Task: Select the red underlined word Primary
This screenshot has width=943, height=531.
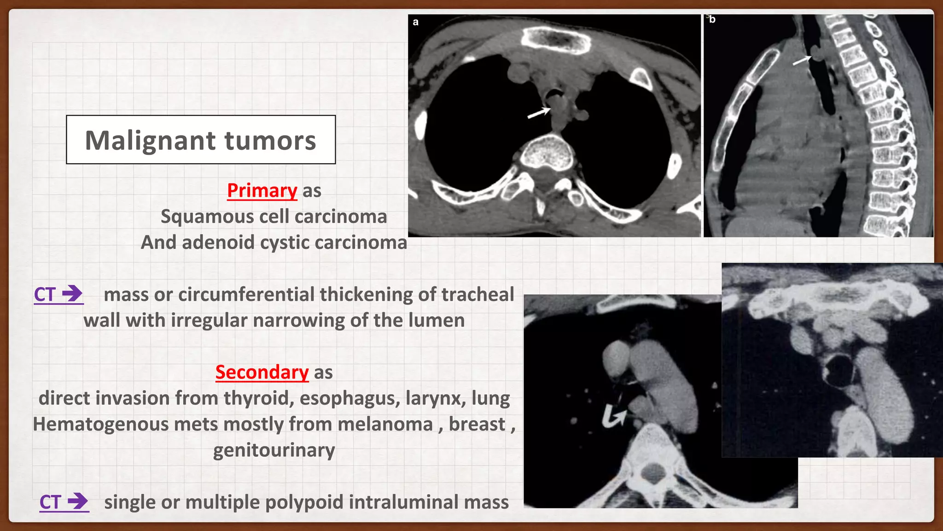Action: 262,190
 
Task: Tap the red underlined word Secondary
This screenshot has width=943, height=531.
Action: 262,372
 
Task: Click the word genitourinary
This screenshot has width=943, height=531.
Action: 274,450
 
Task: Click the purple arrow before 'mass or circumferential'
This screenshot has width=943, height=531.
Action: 72,293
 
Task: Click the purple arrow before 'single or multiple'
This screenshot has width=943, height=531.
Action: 78,501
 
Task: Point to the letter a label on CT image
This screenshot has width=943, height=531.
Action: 416,22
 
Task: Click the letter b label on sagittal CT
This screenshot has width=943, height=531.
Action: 712,19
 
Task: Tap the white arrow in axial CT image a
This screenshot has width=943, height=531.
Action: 539,112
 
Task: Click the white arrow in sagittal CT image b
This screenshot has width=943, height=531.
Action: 802,60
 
